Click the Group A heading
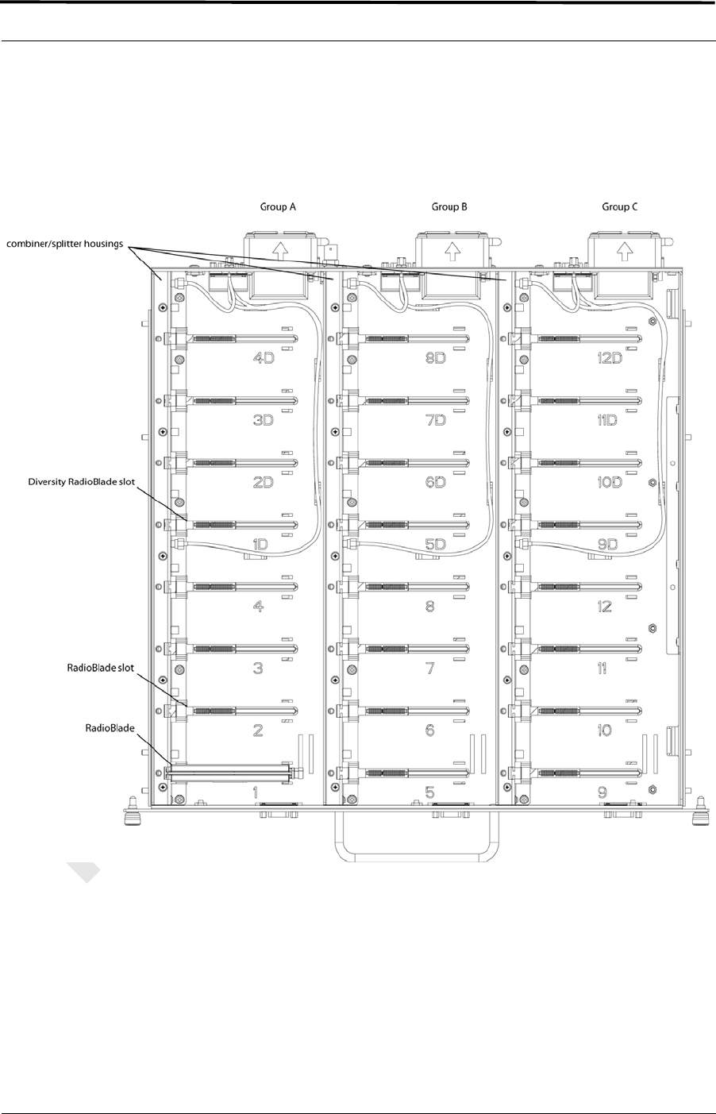click(278, 206)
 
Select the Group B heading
click(449, 206)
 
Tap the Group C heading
click(619, 206)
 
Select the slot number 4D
click(264, 358)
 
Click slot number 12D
click(610, 358)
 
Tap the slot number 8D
click(436, 358)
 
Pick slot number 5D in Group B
click(436, 545)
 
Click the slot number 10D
click(610, 482)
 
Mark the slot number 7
click(430, 669)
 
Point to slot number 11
click(602, 669)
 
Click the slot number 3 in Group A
click(258, 669)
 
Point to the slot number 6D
click(436, 482)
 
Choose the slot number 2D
click(264, 482)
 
